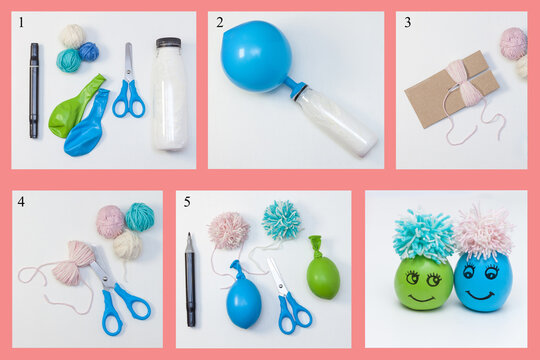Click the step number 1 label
20,21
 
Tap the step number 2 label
220,22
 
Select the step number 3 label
407,22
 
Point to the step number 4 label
21,202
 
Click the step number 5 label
186,202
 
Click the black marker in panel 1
34,90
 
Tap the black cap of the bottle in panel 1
168,43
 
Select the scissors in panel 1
128,88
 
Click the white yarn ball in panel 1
71,36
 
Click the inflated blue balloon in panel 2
255,56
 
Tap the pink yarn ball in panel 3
513,43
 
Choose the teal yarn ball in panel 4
139,217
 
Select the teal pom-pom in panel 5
282,220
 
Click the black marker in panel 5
190,280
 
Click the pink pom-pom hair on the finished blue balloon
483,232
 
